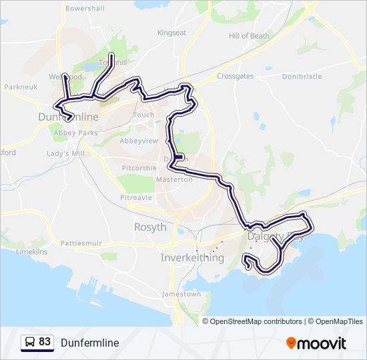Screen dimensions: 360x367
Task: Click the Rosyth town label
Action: tap(150, 227)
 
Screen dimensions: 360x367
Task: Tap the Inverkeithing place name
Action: tap(193, 257)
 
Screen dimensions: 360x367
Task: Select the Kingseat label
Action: tap(171, 33)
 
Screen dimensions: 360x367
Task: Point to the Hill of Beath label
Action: tap(249, 36)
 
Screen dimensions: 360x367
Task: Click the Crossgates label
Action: tap(235, 77)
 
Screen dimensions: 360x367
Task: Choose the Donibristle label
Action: tap(302, 77)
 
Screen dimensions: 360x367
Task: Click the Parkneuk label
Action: tap(19, 87)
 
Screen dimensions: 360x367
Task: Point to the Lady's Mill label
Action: tap(65, 154)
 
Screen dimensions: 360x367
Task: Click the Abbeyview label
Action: tap(139, 141)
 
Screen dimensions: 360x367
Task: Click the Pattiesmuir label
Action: tap(81, 243)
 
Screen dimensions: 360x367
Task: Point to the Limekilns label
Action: tap(31, 253)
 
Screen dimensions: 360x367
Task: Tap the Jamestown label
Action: tap(181, 294)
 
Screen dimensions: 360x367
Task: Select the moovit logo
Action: tap(316, 343)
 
